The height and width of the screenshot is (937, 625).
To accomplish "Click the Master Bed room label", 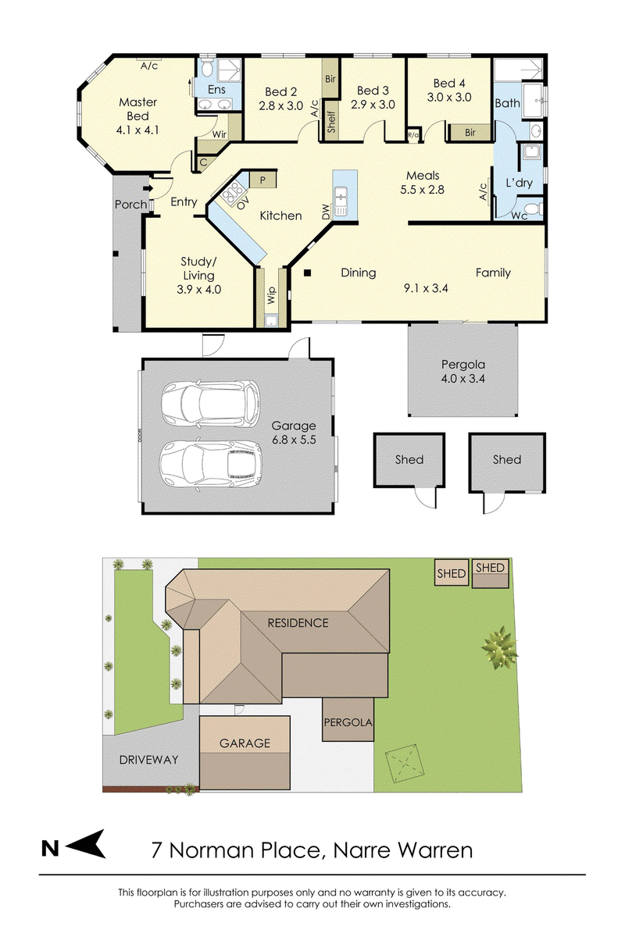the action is point(137,109).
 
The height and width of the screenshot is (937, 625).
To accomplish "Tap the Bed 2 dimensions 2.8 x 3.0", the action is point(280,106).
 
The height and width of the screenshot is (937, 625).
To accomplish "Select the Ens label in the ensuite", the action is point(216,90).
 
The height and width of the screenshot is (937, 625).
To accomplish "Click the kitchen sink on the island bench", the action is point(341,201).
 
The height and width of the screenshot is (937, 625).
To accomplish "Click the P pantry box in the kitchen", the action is point(262,180).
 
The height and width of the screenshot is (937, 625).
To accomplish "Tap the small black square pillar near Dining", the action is point(307,273).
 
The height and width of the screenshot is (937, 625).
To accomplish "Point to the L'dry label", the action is point(519,183).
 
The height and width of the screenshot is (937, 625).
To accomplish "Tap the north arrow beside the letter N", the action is point(86,845).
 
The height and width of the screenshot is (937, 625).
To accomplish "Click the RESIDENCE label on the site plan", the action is point(298,623).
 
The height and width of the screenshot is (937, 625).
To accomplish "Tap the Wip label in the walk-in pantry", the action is point(272,295).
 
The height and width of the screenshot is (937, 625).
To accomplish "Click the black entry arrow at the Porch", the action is point(148,189).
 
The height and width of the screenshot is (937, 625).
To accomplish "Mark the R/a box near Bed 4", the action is point(413,134).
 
